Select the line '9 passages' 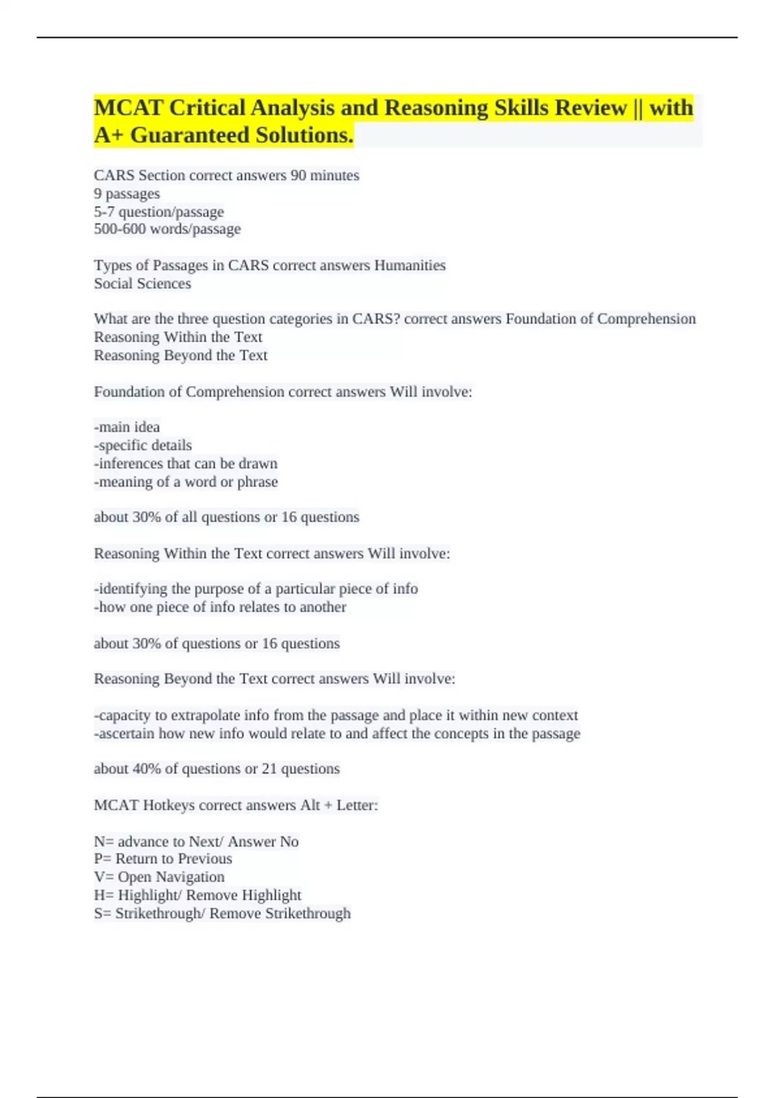pos(127,194)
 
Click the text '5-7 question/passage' pos(159,212)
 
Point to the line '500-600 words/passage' pos(167,229)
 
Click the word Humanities pos(410,265)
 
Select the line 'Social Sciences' pos(142,284)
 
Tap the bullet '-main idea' pos(127,427)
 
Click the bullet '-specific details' pos(143,445)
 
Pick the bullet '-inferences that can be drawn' pos(186,464)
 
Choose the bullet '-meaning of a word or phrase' pos(186,482)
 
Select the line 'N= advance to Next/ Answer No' pos(196,842)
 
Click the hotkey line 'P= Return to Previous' pos(163,859)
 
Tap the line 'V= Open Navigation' pos(159,877)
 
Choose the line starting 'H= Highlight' pos(198,895)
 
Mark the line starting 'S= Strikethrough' pos(222,913)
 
